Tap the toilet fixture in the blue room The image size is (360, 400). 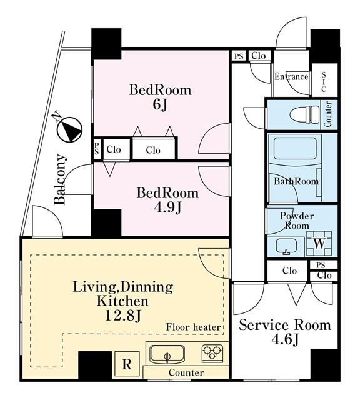(305, 114)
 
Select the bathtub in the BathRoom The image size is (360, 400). (295, 149)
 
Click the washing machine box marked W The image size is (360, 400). (319, 244)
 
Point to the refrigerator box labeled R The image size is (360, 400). (127, 364)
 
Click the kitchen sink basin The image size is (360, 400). (167, 354)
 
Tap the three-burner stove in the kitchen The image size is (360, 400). (212, 353)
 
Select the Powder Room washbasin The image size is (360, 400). (286, 246)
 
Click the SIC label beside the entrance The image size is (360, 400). (324, 82)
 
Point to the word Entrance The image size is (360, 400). (291, 76)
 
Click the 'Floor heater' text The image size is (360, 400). (193, 327)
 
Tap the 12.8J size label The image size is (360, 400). (123, 316)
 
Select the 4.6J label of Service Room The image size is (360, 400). (285, 339)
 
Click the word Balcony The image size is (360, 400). (60, 179)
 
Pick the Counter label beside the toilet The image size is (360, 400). (328, 114)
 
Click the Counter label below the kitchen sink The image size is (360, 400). (186, 372)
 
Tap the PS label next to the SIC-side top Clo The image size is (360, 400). (239, 56)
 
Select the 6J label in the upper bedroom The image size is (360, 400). (160, 104)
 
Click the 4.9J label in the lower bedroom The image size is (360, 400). (167, 207)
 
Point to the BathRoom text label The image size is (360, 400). (296, 181)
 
